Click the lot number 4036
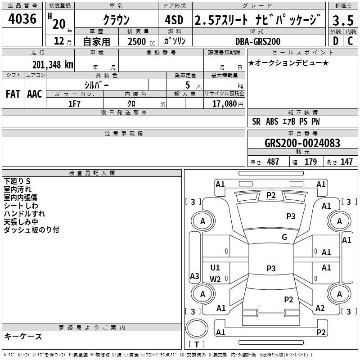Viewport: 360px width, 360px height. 22,18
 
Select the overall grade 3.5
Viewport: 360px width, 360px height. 343,20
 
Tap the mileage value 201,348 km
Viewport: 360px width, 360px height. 53,65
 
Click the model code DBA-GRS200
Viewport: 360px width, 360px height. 257,41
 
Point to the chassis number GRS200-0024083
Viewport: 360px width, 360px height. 302,143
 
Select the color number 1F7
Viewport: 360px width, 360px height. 74,104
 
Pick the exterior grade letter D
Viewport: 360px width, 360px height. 336,41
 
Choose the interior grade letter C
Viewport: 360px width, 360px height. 350,41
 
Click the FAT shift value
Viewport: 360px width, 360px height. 13,94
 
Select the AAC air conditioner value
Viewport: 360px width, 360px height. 35,94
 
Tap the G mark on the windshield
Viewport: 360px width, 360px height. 284,237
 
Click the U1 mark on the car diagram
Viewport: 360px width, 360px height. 215,267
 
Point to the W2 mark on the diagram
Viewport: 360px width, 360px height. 215,279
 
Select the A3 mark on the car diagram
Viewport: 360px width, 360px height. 194,276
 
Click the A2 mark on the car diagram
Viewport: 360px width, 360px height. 320,308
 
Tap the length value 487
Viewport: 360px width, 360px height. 273,162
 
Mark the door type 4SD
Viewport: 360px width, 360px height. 174,20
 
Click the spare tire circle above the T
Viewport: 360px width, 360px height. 197,328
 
